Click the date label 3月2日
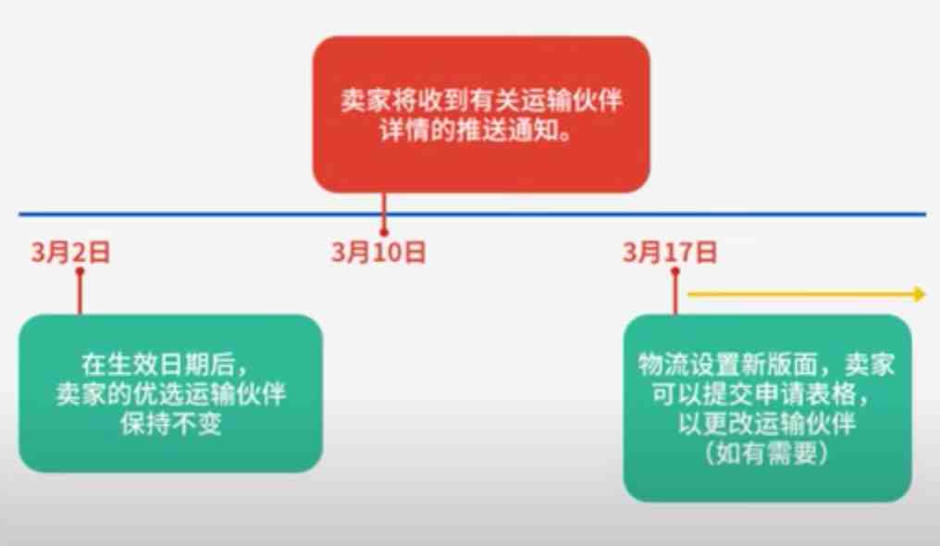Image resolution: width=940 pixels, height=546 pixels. click(70, 252)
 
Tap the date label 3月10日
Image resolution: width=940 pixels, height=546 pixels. click(378, 252)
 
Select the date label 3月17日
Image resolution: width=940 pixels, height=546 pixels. click(670, 252)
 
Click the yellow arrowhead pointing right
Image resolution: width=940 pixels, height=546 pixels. click(919, 294)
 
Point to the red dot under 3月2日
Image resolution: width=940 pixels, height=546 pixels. click(80, 271)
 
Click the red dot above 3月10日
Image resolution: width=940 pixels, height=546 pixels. click(384, 232)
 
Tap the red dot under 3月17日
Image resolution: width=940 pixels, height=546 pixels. click(675, 271)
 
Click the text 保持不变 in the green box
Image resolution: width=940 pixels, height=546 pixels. click(171, 423)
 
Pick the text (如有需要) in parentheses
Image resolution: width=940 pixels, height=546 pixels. click(767, 453)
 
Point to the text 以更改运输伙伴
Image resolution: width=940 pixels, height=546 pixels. click(767, 423)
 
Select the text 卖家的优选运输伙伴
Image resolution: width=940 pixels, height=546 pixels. click(171, 393)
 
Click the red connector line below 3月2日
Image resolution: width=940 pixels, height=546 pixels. click(80, 293)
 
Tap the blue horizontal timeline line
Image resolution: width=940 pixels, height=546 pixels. click(473, 214)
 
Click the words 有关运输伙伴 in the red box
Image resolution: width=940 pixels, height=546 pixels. click(546, 100)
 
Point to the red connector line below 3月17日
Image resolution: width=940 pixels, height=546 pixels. click(675, 293)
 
